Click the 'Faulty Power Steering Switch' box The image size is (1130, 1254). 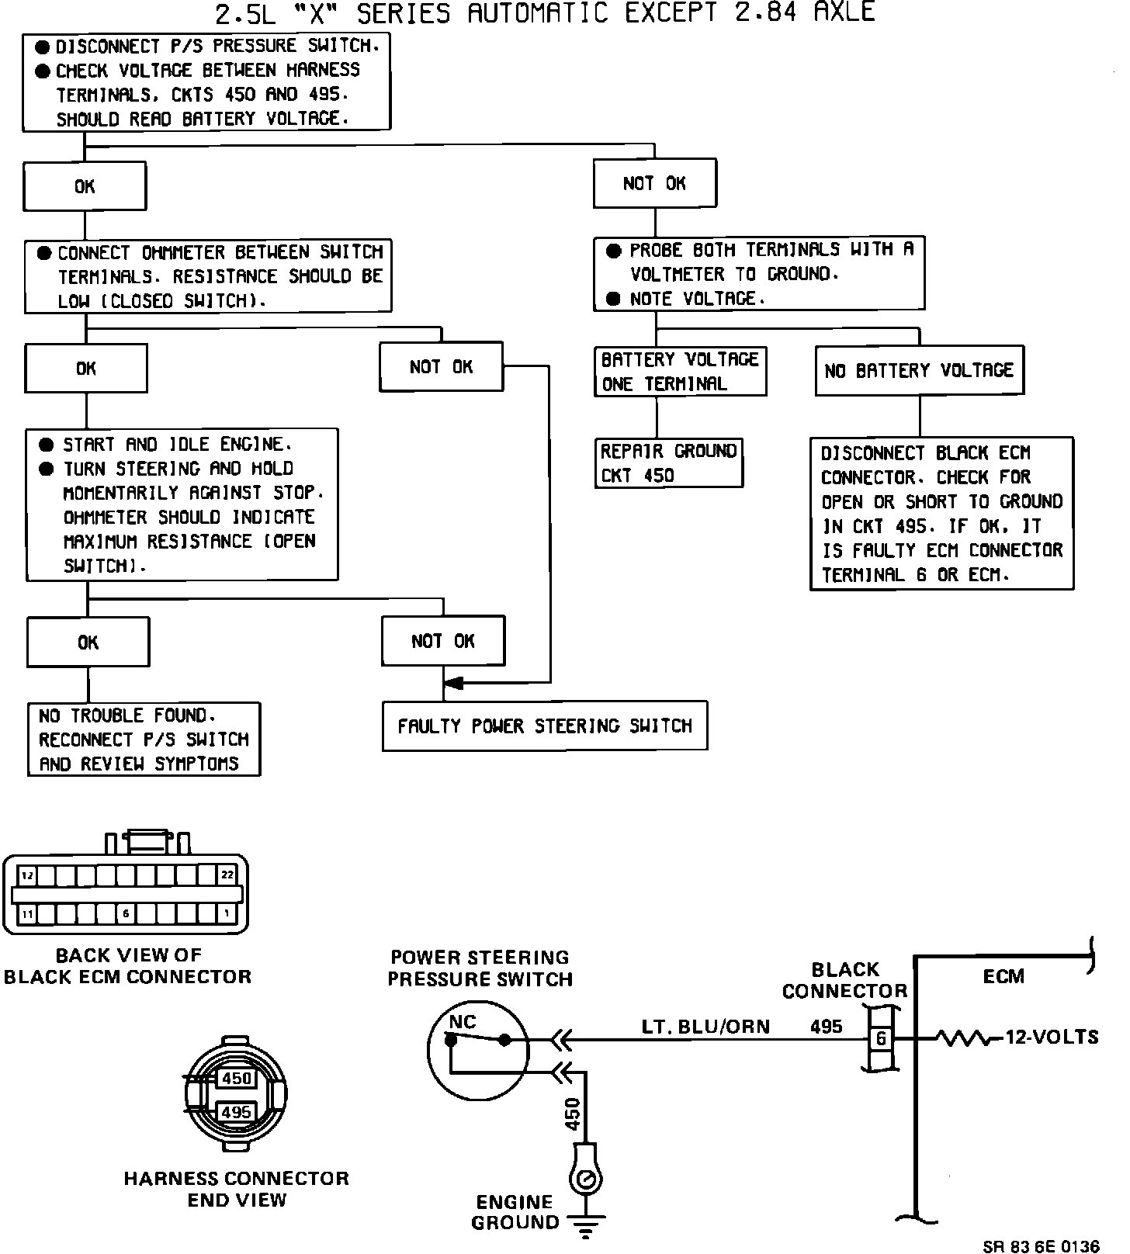tap(545, 726)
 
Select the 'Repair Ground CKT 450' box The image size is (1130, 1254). tap(668, 463)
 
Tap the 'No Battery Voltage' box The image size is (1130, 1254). tap(919, 371)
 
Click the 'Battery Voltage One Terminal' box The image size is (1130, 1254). tap(680, 372)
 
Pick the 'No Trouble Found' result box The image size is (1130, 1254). tap(144, 740)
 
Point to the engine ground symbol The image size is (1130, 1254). tap(586, 1226)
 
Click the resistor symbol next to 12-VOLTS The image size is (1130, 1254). tap(963, 1037)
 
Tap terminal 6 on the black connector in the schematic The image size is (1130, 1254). tap(881, 1038)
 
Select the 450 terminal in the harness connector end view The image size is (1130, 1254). tap(236, 1079)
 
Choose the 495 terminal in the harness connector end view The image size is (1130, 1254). tap(236, 1112)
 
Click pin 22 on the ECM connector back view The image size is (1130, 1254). tap(227, 875)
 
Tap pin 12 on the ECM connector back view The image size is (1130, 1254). tap(27, 875)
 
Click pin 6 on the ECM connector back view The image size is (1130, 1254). tap(126, 914)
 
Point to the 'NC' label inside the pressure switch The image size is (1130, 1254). tap(463, 1022)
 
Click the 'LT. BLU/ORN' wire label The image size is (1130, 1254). tap(705, 1027)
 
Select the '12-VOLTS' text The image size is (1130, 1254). tap(1052, 1037)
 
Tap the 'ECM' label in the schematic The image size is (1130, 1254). tap(1003, 976)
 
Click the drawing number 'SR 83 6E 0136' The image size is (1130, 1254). tap(1040, 1246)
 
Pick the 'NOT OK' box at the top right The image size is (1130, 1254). tap(655, 184)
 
